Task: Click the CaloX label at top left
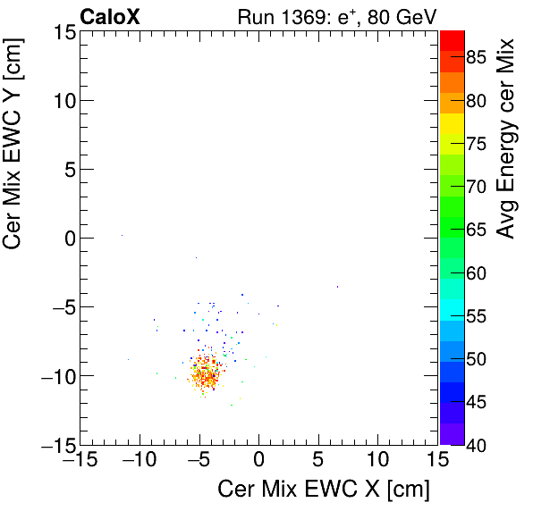[110, 16]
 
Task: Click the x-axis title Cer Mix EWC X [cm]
[324, 490]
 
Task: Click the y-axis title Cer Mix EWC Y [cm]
[15, 160]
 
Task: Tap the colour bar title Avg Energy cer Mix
[506, 138]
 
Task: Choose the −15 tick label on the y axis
[57, 444]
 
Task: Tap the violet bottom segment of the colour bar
[452, 434]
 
